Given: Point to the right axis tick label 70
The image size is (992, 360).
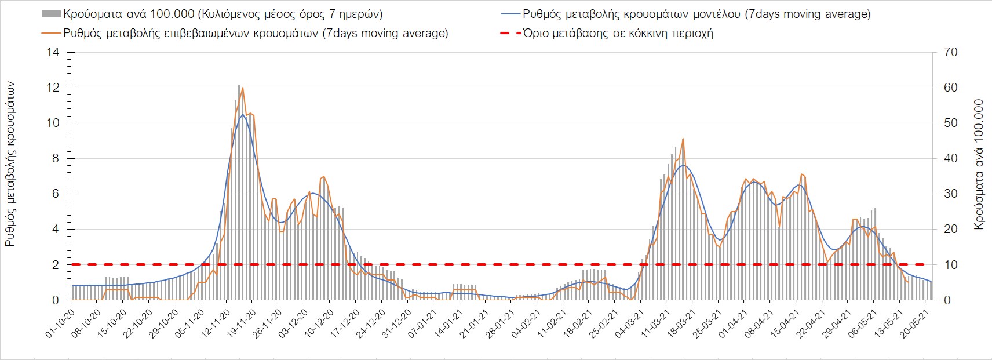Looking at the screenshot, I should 951,53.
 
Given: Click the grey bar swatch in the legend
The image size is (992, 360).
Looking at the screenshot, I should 50,14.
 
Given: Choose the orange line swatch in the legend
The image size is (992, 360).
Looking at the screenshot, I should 50,33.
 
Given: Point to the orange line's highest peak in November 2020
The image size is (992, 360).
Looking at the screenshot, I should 242,88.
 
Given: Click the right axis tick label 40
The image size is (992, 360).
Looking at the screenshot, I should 951,159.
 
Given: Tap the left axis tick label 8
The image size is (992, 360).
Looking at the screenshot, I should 56,159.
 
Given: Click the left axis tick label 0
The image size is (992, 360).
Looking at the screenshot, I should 56,300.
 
